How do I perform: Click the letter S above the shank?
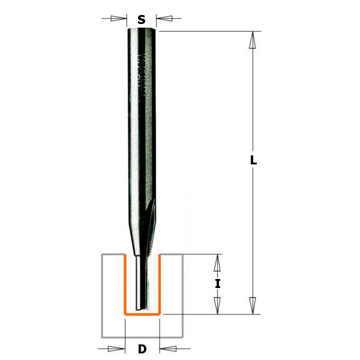142,19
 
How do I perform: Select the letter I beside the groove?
218,284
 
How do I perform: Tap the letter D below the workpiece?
142,349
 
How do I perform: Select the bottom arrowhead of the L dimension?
253,305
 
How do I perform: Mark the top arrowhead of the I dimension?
218,262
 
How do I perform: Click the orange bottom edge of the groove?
142,313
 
